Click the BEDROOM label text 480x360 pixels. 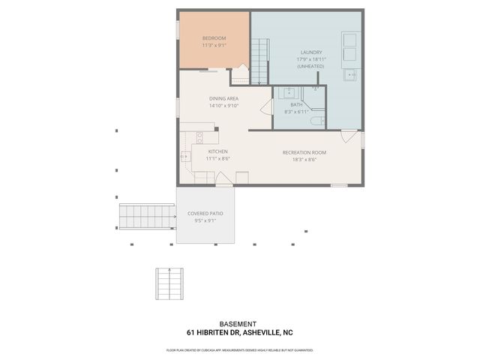pos(214,37)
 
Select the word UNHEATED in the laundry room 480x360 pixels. pos(310,66)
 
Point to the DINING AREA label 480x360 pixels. pos(223,98)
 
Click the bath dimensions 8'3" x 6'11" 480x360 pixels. pos(297,112)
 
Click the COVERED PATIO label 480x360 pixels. pos(205,214)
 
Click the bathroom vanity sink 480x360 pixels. pos(289,93)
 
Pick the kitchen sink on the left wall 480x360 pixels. pos(185,157)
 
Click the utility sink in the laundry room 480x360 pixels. pos(351,74)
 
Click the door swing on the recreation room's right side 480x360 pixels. pos(349,137)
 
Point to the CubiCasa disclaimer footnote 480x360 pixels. pos(239,350)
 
